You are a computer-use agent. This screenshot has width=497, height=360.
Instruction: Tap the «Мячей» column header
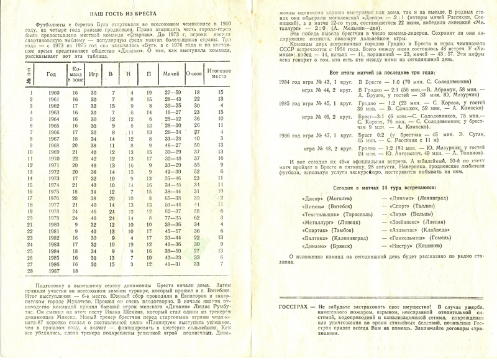tap(171, 74)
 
